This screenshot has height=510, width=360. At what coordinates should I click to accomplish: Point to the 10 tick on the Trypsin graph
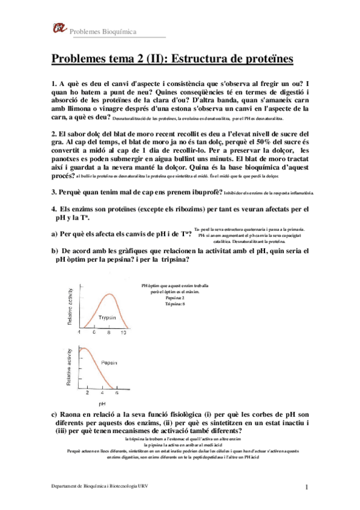click(123, 333)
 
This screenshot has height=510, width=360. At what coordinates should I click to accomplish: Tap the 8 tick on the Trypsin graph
click(109, 333)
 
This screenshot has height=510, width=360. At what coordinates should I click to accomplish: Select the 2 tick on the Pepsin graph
click(87, 393)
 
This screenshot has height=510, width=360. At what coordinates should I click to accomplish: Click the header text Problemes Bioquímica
click(103, 31)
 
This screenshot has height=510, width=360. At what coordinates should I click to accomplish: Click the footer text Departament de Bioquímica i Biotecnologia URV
click(100, 486)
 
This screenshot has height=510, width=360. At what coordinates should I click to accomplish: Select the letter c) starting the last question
click(55, 414)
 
